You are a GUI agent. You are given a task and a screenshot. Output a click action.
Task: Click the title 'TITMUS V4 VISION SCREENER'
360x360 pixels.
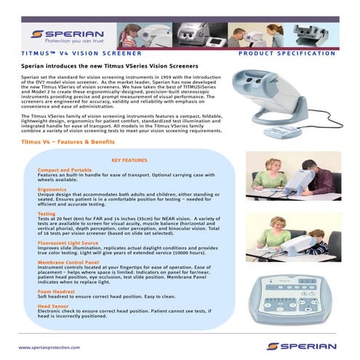[x=65, y=53]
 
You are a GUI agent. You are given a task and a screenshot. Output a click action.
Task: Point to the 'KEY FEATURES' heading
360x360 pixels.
[x=129, y=160]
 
